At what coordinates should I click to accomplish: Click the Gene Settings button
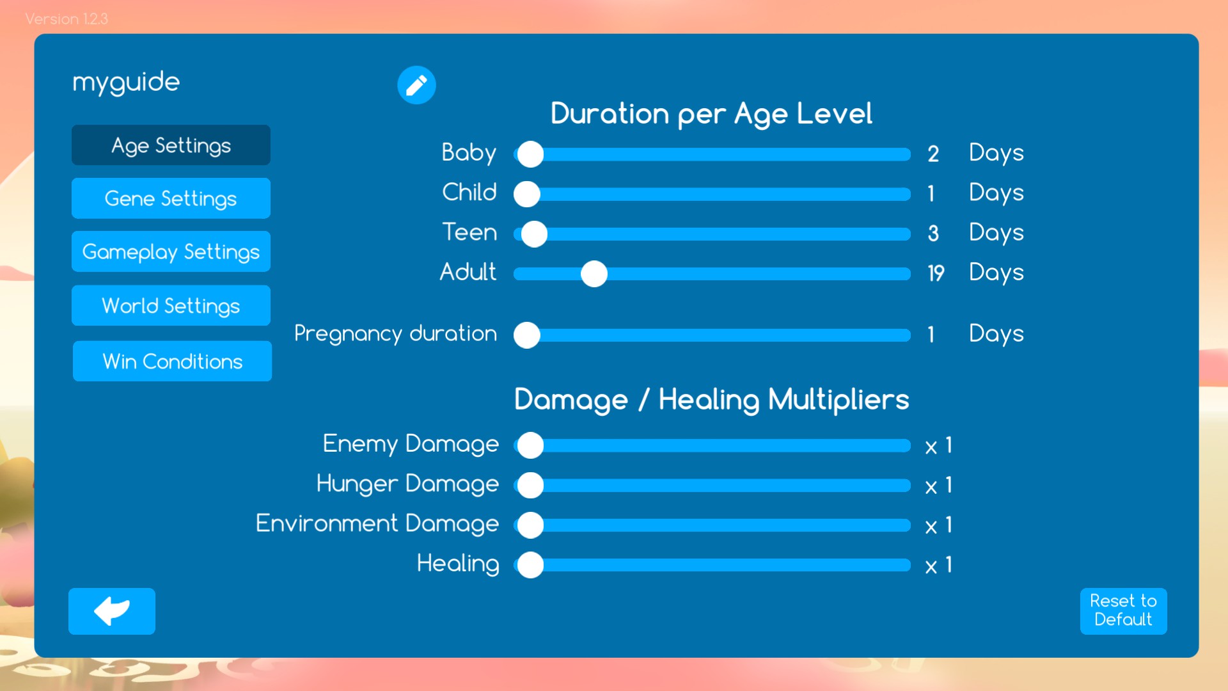[x=171, y=198]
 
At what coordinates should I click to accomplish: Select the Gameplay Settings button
[x=171, y=251]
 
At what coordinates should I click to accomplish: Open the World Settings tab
[x=171, y=305]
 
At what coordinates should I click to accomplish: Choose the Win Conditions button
[x=172, y=361]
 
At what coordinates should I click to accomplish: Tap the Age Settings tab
[x=171, y=145]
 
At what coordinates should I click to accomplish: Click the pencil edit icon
[x=416, y=84]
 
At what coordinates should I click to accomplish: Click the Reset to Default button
[x=1123, y=611]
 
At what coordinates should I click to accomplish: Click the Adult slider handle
[x=594, y=274]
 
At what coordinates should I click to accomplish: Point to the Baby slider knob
[x=530, y=154]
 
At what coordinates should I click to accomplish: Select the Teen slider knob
[x=534, y=234]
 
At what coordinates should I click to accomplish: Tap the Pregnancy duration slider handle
[x=527, y=335]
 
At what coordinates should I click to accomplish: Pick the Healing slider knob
[x=530, y=565]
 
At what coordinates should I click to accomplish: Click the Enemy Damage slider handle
[x=530, y=445]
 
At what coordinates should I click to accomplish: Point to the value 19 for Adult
[x=936, y=273]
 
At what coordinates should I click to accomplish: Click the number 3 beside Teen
[x=933, y=233]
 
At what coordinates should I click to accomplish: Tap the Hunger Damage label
[x=407, y=484]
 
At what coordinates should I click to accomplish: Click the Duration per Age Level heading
[x=711, y=114]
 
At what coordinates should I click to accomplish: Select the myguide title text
[x=126, y=83]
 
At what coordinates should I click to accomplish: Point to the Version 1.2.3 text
[x=67, y=19]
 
